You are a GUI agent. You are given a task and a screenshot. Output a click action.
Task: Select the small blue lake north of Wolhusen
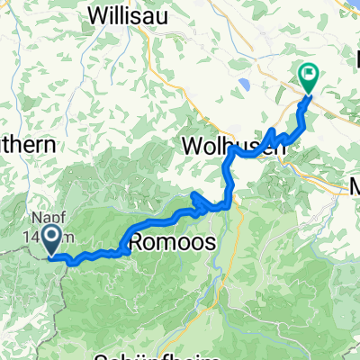coord(244,87)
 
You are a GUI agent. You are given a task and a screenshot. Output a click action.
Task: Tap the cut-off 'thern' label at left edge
coord(27,144)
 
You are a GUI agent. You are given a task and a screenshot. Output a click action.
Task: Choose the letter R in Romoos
coord(138,242)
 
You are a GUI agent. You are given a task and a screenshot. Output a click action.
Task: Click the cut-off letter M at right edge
coord(355,188)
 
